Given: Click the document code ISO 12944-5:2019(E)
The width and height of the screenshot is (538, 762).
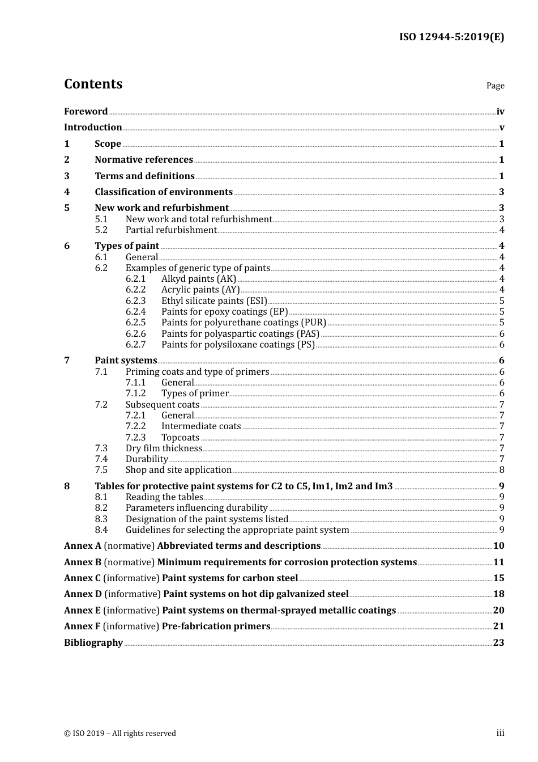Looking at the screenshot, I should point(451,37).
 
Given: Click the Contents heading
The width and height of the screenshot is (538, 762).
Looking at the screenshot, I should point(93,84).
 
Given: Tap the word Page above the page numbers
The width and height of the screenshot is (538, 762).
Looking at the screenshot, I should point(495,86).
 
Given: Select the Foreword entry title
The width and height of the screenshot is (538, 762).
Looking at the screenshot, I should point(86,112).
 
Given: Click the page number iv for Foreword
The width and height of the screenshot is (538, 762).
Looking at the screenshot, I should point(500,112).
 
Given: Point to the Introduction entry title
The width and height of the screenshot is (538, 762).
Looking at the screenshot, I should point(93,128).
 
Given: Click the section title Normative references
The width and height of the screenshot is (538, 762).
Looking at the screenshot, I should point(144,160).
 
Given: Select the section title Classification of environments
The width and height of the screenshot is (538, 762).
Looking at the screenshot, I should point(164,192).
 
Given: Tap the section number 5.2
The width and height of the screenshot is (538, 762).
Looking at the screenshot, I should point(101,230).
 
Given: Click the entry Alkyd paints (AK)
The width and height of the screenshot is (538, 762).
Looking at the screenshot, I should point(199,279).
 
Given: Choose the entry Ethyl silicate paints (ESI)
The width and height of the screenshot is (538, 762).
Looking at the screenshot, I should point(214,301).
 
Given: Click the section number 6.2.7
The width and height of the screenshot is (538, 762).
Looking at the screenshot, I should point(135,345).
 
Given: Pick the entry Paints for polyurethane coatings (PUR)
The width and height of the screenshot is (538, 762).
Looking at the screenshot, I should point(244,323).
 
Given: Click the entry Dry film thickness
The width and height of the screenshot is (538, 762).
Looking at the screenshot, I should point(164,448).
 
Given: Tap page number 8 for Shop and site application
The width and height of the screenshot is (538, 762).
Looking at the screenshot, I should point(502,470).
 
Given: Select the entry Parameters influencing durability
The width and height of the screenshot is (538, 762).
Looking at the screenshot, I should point(197,508).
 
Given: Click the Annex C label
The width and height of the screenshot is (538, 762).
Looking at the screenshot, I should point(82,578).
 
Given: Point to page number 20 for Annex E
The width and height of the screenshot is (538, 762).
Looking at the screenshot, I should point(498,611).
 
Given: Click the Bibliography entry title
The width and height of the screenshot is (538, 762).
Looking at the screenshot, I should point(93,643).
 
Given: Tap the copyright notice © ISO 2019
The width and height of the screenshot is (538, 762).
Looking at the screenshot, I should point(120,734).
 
